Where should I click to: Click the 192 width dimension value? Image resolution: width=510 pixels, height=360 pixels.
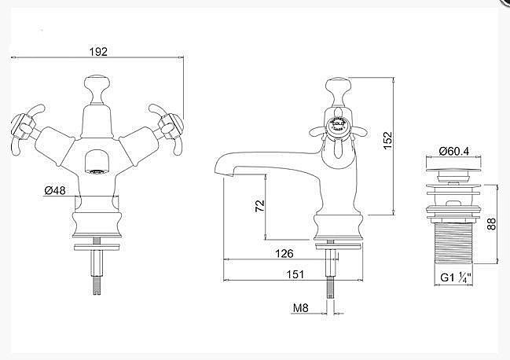click(x=97, y=51)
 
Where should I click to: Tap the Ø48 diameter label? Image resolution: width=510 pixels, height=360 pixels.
click(x=57, y=189)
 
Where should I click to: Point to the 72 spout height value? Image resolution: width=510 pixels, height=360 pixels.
click(x=260, y=206)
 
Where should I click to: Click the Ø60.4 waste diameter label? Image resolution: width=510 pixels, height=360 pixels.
click(x=453, y=151)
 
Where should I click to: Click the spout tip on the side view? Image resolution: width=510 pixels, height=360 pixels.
click(x=221, y=169)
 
